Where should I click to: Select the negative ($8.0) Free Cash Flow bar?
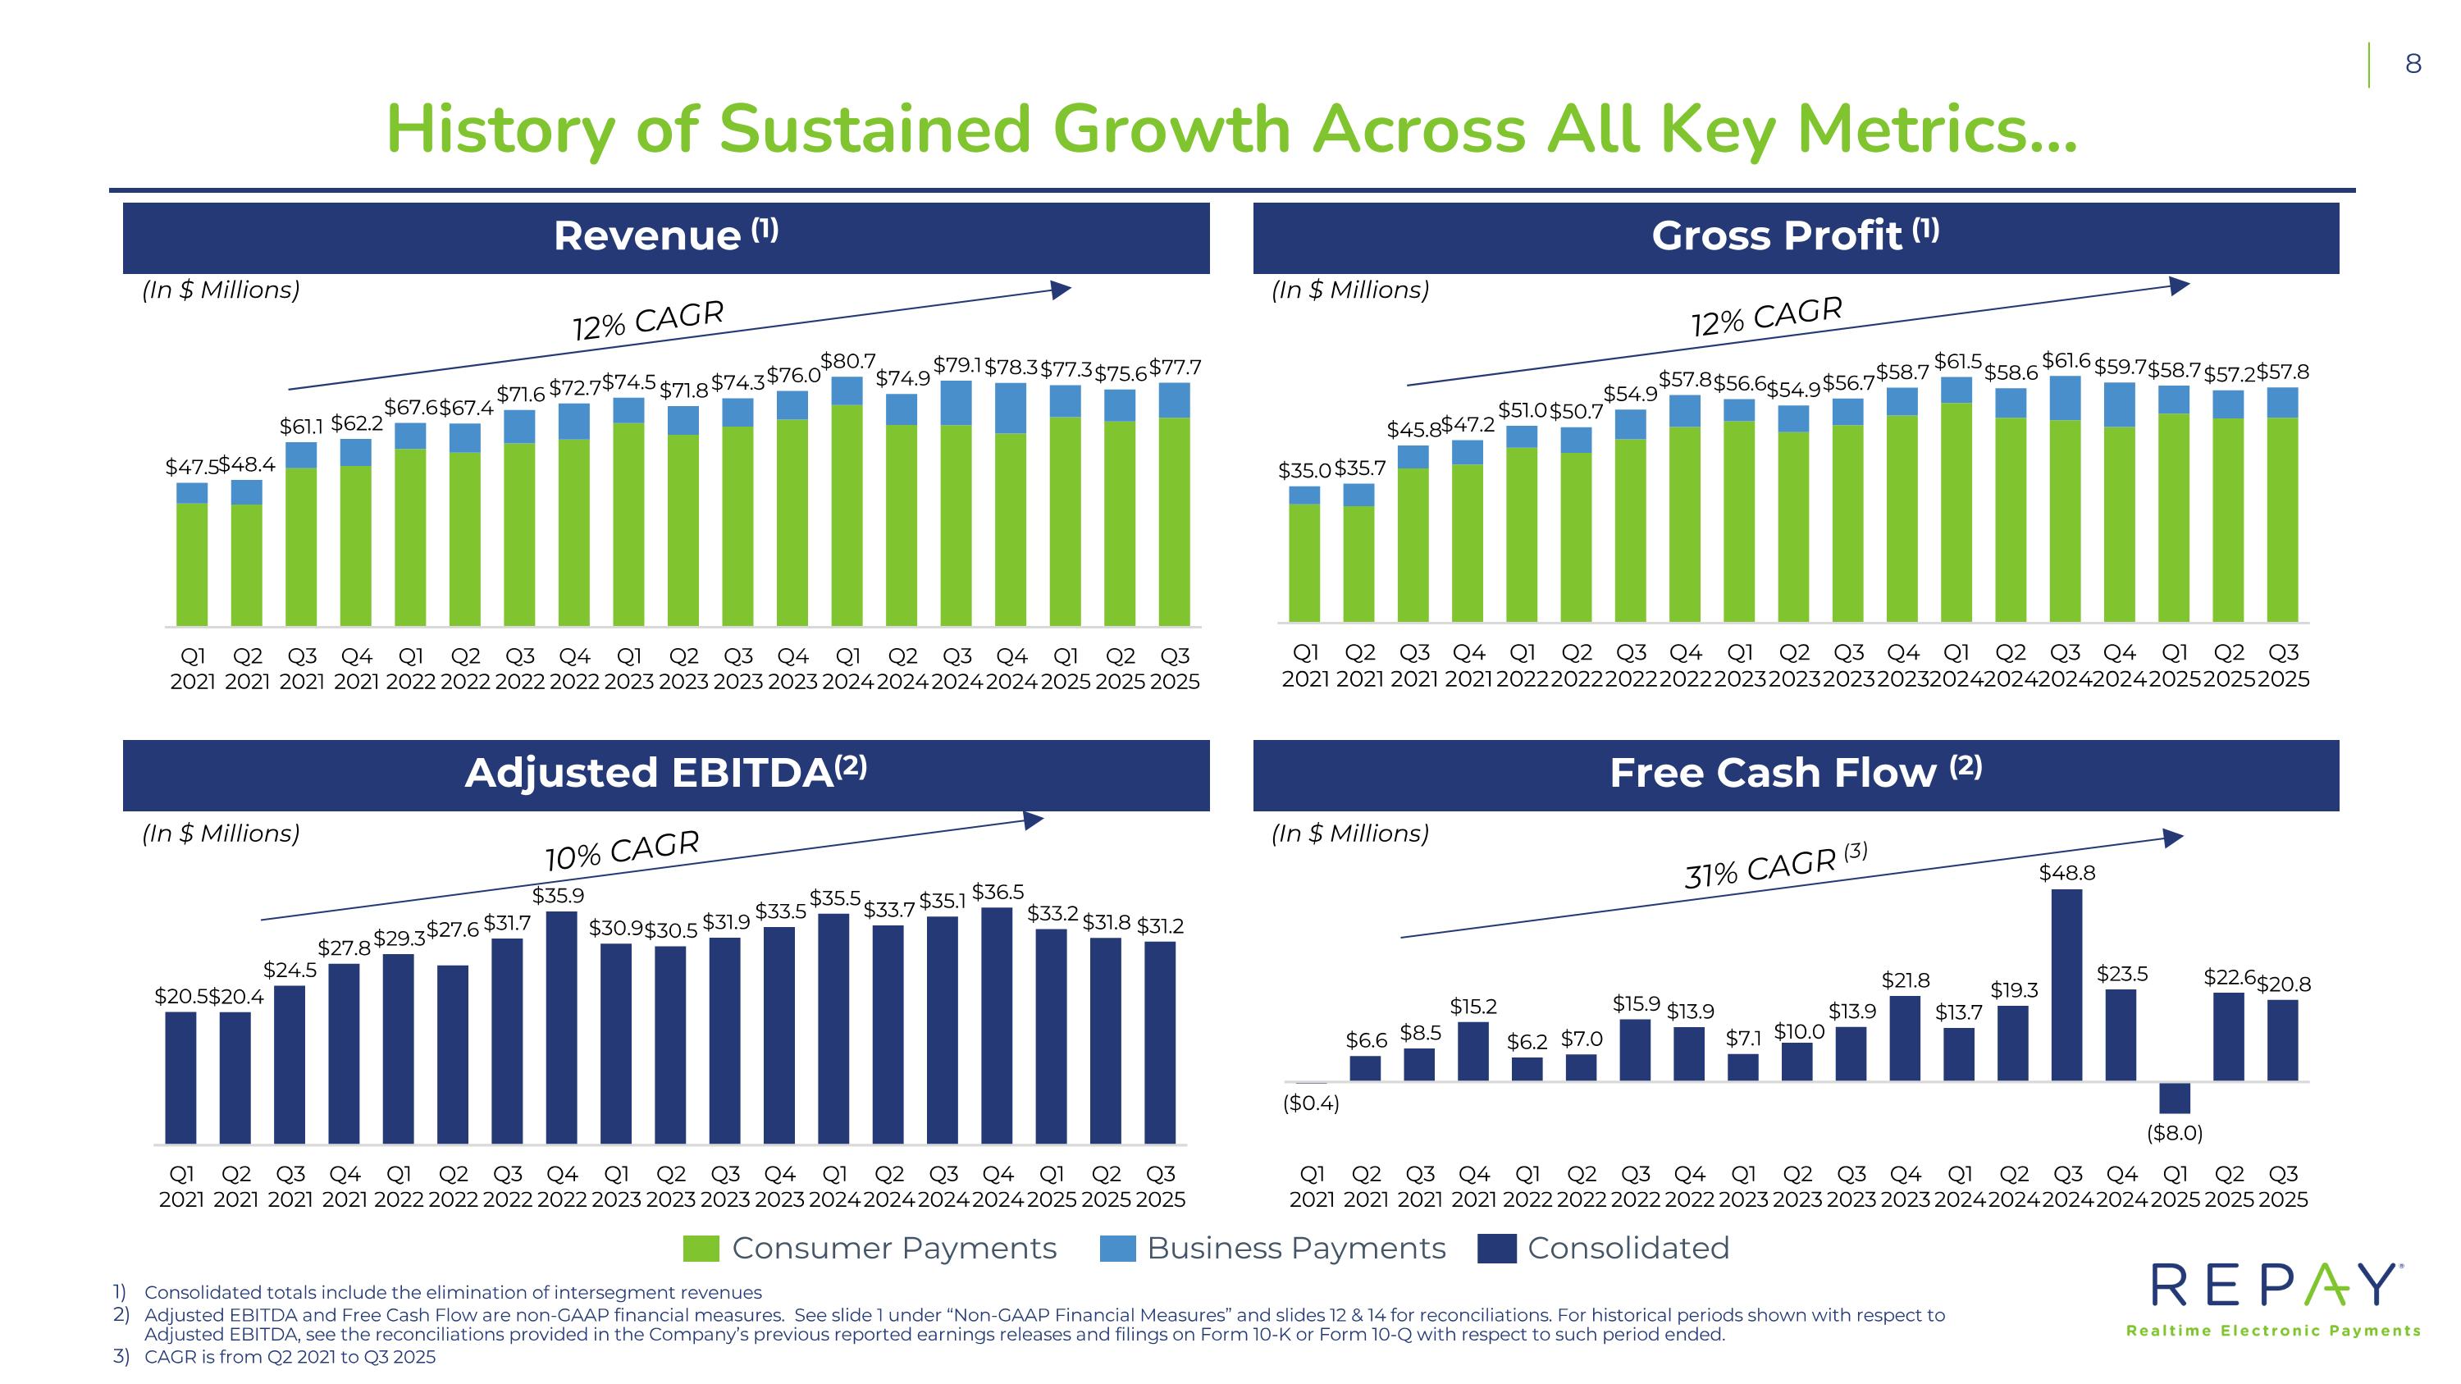click(2175, 1098)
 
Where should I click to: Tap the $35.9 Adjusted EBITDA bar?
click(562, 1027)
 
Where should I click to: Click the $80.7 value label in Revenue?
click(848, 361)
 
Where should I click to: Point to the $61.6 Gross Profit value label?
click(2066, 361)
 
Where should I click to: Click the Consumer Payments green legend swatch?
click(701, 1249)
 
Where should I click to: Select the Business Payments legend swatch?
click(1118, 1249)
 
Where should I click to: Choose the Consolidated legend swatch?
click(1496, 1249)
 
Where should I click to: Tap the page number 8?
click(2413, 64)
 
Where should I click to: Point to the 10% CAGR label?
click(622, 849)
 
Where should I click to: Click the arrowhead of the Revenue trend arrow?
click(1062, 290)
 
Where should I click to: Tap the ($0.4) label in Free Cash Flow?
click(1311, 1103)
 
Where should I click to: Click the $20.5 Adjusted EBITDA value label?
click(180, 996)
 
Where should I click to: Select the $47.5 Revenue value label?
click(191, 467)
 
